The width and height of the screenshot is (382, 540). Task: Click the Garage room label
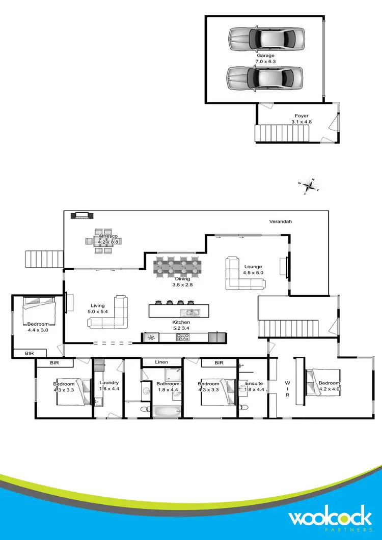click(x=265, y=59)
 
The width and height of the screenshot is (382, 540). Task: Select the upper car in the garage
click(x=265, y=38)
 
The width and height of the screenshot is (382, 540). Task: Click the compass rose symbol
click(x=309, y=186)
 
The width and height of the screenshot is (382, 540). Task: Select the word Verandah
click(x=281, y=222)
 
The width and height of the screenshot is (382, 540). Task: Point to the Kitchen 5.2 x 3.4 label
click(x=181, y=325)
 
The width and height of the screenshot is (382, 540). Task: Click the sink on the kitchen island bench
click(x=192, y=312)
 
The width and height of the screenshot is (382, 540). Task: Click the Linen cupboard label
click(x=161, y=362)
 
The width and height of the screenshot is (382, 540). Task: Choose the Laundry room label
click(x=109, y=386)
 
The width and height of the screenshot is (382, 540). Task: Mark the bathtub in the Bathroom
click(x=166, y=410)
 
